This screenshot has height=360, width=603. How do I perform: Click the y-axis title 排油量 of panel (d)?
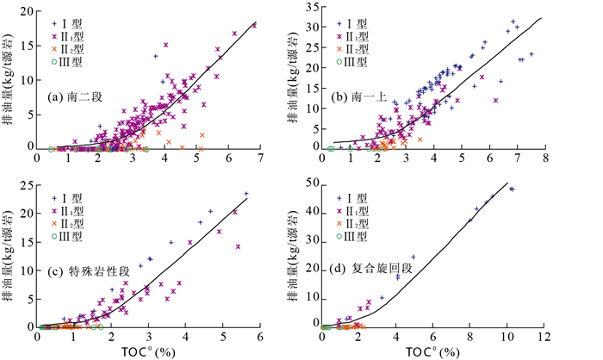coord(295,258)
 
